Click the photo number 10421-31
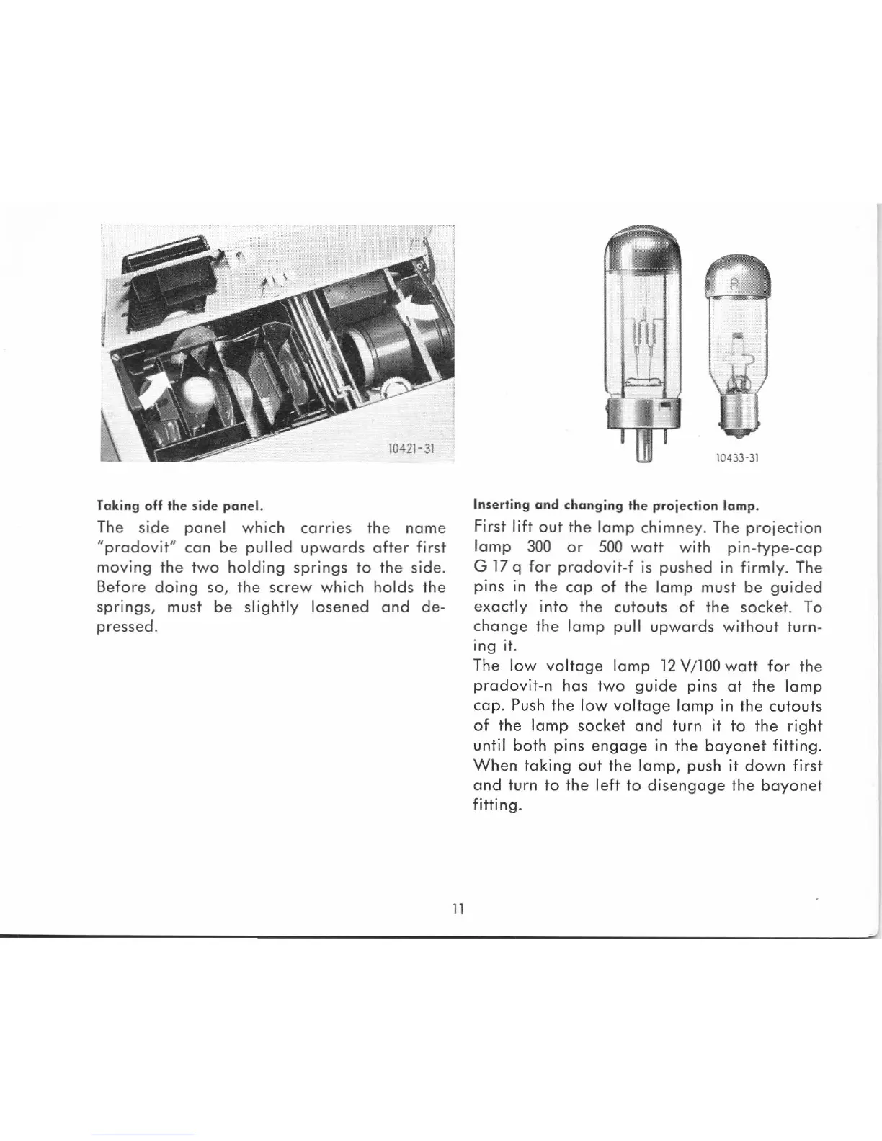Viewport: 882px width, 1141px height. [x=409, y=449]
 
